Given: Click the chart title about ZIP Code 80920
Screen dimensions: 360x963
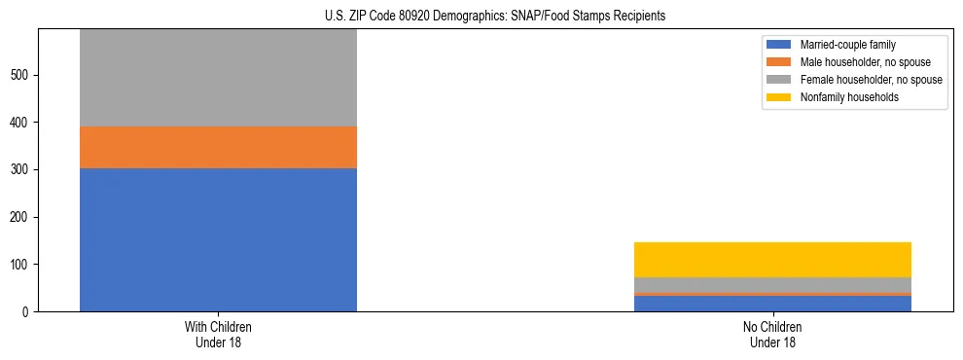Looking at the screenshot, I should (495, 17).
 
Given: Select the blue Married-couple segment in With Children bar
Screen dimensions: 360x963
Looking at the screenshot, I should (218, 239).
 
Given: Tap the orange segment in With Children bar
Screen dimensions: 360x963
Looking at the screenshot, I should (218, 147).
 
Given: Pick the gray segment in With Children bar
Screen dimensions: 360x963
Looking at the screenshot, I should (218, 78).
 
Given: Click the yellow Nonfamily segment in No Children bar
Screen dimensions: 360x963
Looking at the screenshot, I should (772, 260).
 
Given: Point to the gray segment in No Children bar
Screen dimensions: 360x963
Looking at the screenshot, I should (772, 284).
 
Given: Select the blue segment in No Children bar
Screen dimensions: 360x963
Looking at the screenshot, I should (772, 303).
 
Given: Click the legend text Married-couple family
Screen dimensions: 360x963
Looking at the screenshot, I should (848, 45).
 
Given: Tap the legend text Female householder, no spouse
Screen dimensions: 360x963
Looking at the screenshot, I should (871, 80).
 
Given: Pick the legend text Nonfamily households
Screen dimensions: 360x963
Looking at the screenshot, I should (849, 97).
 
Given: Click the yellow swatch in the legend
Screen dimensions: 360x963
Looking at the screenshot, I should (780, 97).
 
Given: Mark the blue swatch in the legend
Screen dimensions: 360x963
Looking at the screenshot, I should (780, 45).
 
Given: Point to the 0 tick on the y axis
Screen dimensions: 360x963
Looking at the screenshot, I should (27, 311).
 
